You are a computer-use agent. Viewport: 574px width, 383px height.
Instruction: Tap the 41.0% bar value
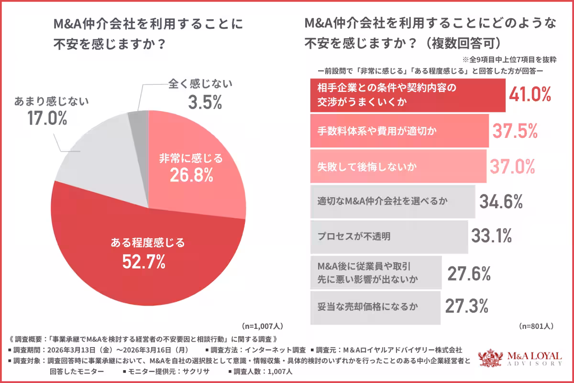click(530, 95)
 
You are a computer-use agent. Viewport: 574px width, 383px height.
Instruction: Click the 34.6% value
click(500, 202)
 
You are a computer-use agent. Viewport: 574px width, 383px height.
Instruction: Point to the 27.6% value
click(469, 274)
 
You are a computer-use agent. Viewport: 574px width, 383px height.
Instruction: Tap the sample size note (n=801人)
click(536, 326)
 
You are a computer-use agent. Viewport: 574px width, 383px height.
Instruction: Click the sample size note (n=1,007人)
click(262, 326)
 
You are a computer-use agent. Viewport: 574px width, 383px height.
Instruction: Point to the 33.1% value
click(492, 236)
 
